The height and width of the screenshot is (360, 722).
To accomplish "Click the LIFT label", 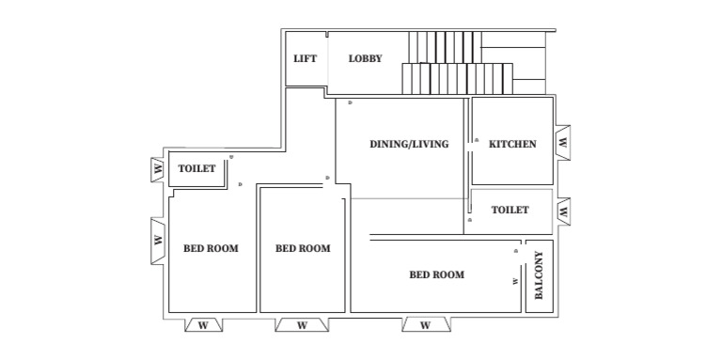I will coord(305,58).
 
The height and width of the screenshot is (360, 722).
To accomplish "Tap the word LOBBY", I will coord(365,58).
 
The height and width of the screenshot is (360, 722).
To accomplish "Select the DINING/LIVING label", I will coord(408,144).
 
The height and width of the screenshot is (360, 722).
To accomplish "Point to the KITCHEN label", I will coord(512,144).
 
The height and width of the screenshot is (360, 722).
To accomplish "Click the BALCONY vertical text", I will coord(540,275).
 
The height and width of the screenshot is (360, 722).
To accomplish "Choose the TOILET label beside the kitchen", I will coord(510,210).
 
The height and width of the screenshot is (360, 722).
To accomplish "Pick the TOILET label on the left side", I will coord(197,169).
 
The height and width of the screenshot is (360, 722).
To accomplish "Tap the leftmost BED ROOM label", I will coord(211,248).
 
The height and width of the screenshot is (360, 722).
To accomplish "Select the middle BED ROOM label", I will coord(303,248).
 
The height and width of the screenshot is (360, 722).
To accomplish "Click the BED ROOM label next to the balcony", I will coord(437,274).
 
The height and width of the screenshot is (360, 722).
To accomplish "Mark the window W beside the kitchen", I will coord(563,143).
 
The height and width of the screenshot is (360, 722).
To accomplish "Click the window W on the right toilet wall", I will coord(563,211).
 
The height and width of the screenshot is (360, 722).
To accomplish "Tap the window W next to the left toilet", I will coord(156,169).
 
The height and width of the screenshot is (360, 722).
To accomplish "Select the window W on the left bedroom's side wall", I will coord(156,240).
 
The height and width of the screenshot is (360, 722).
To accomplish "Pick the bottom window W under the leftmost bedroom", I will coord(203,325).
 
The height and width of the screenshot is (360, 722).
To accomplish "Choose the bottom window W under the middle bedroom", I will coord(302,325).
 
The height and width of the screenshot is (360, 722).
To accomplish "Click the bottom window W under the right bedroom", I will coord(425,325).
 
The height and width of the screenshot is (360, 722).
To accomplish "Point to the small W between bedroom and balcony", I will coord(515,280).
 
